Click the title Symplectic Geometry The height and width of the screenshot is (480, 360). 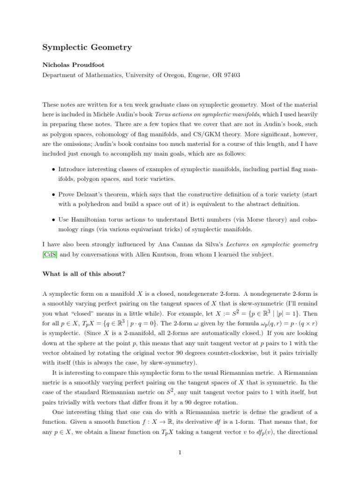(87, 47)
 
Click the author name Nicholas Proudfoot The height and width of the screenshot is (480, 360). (73, 65)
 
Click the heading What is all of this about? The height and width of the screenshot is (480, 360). (84, 274)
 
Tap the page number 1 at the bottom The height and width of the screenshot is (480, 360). (180, 452)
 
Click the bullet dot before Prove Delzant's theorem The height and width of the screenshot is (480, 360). (53, 194)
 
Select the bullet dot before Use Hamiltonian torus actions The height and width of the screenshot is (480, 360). (53, 219)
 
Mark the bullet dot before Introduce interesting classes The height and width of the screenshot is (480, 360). (53, 168)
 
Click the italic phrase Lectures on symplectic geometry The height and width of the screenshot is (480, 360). (272, 245)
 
